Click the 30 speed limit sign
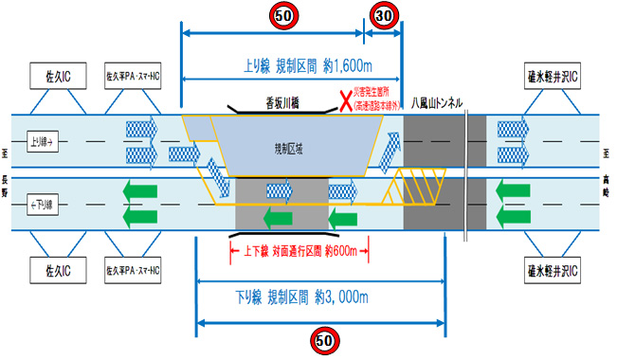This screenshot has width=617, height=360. point(383,15)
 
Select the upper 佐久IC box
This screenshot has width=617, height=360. point(59,74)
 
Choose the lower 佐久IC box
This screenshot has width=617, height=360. point(59,270)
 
